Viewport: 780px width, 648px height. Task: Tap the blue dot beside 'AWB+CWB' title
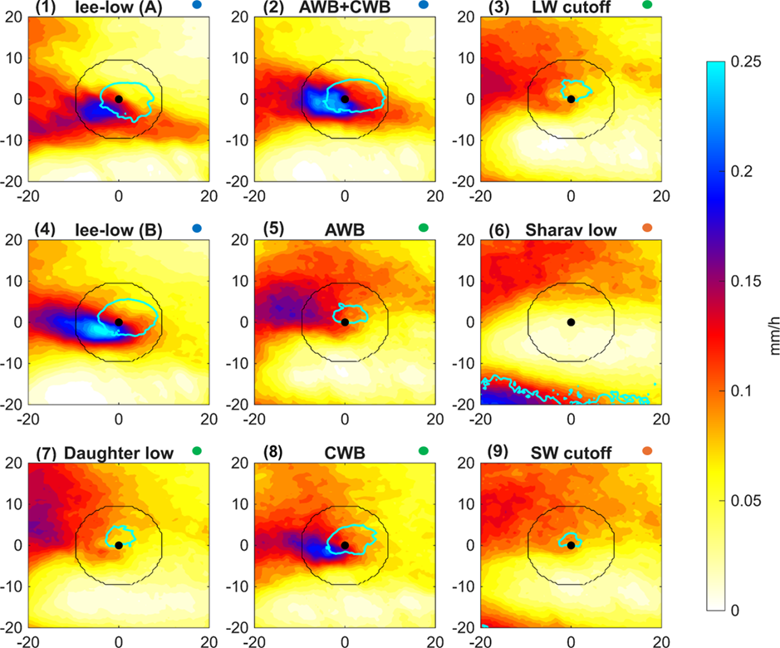(x=424, y=6)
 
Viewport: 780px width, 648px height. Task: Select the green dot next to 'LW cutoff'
(x=647, y=6)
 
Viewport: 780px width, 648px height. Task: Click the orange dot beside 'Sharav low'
(x=648, y=229)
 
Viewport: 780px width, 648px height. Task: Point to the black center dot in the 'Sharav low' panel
(x=571, y=322)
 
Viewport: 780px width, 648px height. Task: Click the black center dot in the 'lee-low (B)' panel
(x=119, y=322)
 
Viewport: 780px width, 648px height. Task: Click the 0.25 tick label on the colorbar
(x=742, y=62)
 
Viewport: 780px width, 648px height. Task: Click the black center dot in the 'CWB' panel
(x=345, y=545)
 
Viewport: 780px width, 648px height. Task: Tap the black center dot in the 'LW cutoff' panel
(x=571, y=99)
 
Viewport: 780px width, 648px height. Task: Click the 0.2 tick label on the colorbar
(x=738, y=172)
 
